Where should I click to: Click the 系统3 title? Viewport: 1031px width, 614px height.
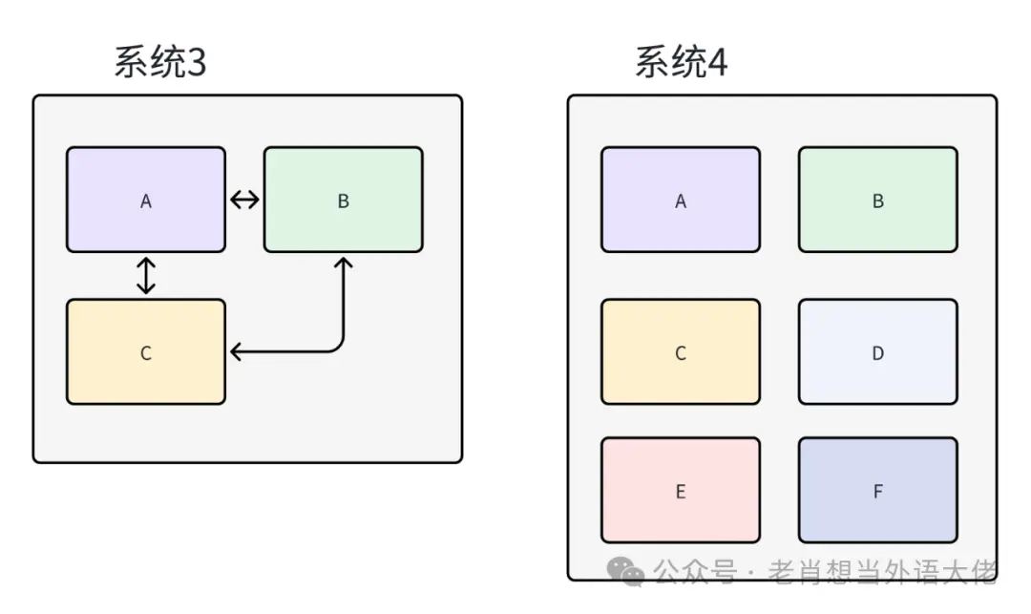click(x=160, y=63)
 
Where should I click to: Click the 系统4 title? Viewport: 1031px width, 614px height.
click(x=682, y=63)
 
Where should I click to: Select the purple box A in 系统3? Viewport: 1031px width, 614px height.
click(x=146, y=200)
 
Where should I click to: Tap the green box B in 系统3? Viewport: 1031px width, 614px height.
click(x=343, y=200)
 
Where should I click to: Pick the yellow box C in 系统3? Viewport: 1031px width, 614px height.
click(x=146, y=352)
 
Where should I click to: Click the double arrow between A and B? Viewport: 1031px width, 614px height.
click(x=244, y=200)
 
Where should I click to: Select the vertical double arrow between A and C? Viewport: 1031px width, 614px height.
click(x=146, y=275)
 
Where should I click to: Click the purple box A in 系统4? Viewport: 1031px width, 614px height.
click(x=681, y=200)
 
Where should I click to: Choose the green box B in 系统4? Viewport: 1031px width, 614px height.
click(x=877, y=200)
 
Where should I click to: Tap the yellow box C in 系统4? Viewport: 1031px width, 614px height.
click(x=681, y=352)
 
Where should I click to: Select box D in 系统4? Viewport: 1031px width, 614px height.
click(x=877, y=352)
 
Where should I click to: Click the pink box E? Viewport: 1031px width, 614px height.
click(x=681, y=490)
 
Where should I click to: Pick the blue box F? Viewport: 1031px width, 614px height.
click(x=877, y=490)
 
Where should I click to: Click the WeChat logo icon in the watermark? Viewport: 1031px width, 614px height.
click(x=627, y=571)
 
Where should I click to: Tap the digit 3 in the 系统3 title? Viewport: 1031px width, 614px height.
click(x=194, y=63)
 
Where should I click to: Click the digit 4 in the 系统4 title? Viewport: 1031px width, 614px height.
click(x=716, y=63)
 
